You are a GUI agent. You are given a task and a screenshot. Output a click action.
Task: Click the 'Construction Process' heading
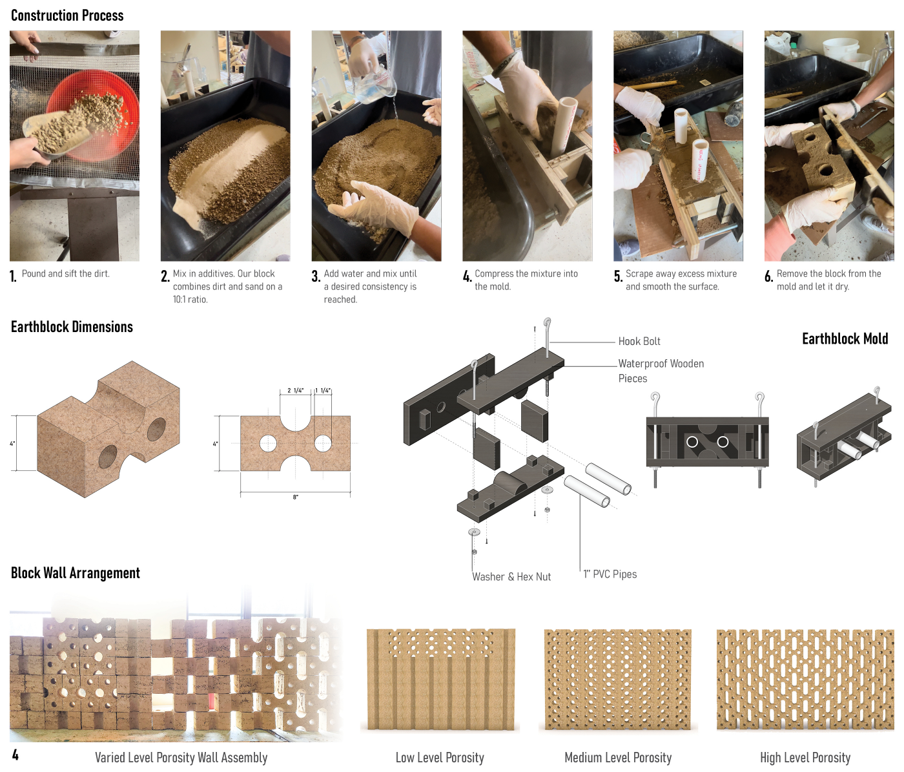pos(67,16)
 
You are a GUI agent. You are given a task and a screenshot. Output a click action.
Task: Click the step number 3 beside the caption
pos(316,276)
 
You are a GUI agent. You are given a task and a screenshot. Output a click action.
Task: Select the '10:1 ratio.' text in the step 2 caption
pos(190,300)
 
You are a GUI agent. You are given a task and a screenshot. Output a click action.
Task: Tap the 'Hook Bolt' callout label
pos(639,341)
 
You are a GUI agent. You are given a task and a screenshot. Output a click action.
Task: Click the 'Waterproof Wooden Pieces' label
pos(661,371)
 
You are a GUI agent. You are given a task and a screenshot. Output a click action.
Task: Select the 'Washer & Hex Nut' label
pos(511,577)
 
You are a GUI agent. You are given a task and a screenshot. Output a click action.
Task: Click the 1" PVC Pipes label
pos(610,574)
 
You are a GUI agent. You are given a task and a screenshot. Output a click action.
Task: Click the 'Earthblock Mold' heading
pos(845,339)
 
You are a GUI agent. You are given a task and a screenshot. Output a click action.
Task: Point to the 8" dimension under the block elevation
pos(296,497)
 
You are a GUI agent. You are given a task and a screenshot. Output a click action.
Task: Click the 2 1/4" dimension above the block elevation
pos(295,391)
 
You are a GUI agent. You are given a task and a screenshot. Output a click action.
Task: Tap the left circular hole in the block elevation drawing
pos(268,443)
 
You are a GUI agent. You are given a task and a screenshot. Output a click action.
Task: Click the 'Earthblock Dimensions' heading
pos(72,327)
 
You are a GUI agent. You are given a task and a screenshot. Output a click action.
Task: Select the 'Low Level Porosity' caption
pos(440,758)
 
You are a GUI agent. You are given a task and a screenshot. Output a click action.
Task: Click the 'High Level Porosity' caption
pos(805,758)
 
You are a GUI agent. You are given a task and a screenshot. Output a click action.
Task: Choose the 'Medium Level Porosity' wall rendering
pos(617,680)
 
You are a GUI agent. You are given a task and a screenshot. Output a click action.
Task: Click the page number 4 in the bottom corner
pos(15,755)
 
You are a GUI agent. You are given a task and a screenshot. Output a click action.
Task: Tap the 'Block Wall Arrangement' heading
pos(76,573)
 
